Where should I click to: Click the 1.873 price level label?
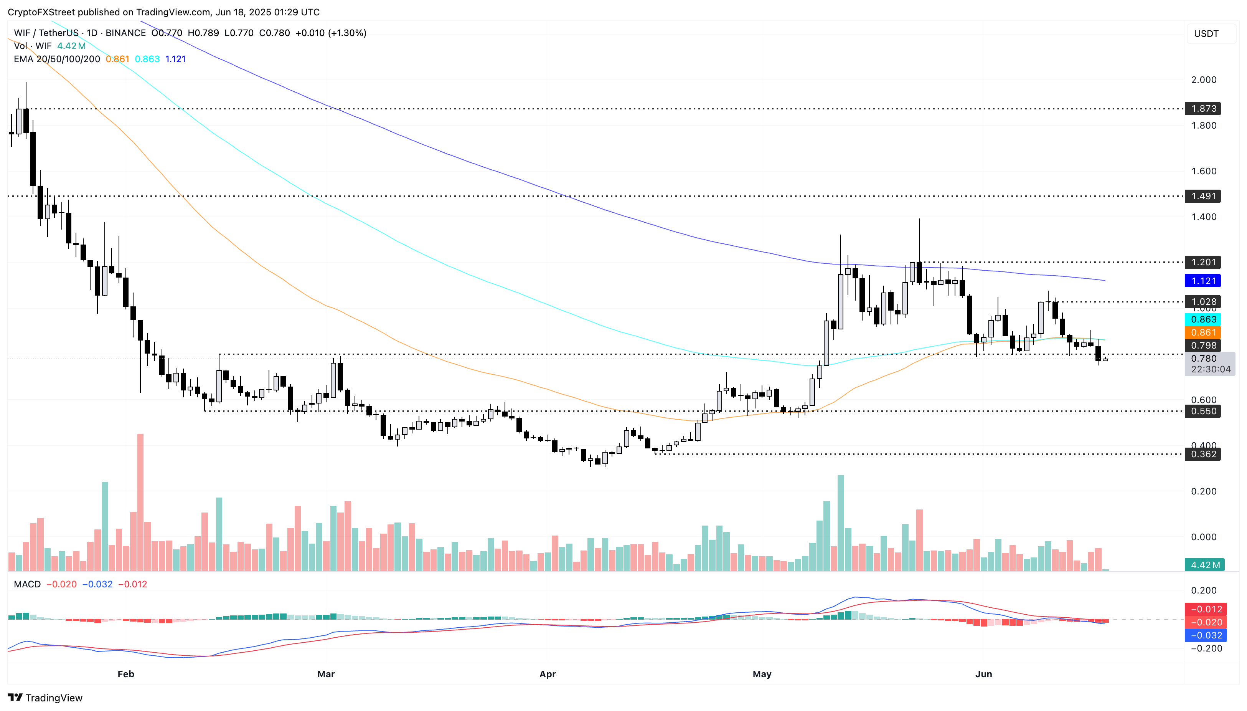pos(1203,108)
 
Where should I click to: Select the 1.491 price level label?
pos(1203,196)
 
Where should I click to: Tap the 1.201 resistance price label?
pos(1203,262)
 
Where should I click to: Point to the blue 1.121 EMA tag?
pos(1203,281)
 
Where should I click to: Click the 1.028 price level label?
pos(1203,302)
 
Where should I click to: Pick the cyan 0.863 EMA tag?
pos(1203,319)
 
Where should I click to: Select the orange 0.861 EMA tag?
pos(1203,332)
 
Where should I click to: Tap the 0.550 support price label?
pos(1203,411)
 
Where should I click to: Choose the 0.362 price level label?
pos(1203,454)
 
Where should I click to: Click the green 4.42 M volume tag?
pos(1204,565)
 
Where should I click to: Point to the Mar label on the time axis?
pos(326,674)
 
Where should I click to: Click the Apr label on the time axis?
pos(548,674)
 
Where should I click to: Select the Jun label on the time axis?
pos(983,674)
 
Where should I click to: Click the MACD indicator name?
pos(27,584)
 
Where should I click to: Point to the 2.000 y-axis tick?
pos(1204,79)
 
